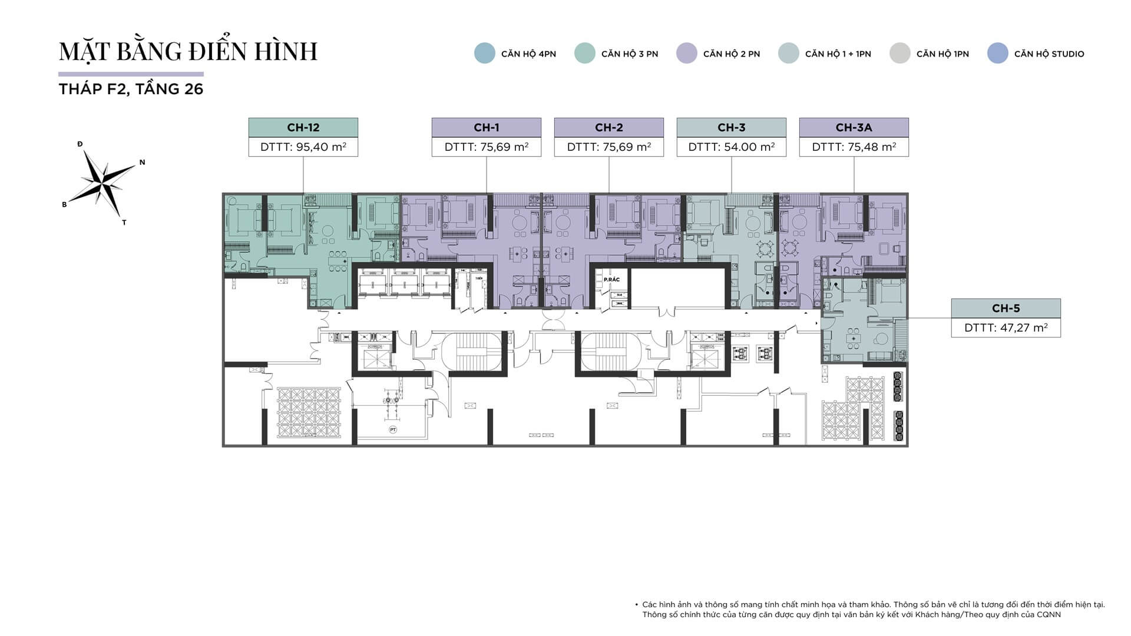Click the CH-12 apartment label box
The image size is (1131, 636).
point(303,128)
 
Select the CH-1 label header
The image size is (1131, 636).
point(486,128)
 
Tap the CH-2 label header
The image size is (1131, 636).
point(609,128)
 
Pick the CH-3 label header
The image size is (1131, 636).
point(731,128)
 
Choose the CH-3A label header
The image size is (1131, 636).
point(854,128)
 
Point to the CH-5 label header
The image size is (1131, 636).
point(1006,309)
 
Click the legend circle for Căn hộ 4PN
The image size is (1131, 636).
point(485,54)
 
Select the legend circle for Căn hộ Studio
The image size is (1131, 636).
point(997,54)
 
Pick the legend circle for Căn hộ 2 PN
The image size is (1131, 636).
point(687,54)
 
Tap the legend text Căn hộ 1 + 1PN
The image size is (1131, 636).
point(838,54)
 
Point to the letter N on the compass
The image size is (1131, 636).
point(142,163)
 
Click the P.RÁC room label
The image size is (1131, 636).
point(611,280)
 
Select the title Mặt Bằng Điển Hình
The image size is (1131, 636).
point(188,52)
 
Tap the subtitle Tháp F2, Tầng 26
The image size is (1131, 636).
point(131,90)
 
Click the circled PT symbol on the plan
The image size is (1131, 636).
point(393,430)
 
